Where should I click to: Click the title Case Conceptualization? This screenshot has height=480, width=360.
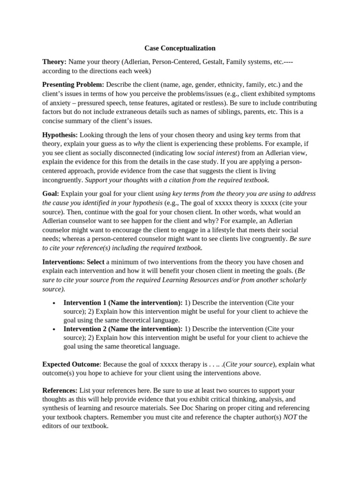[180, 48]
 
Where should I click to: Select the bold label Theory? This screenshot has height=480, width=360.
[54, 62]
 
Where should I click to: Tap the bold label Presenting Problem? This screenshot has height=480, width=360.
[73, 85]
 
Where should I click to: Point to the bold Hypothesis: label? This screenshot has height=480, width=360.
[60, 135]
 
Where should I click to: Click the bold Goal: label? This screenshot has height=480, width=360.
[51, 194]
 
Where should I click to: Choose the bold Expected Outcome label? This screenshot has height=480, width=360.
[71, 364]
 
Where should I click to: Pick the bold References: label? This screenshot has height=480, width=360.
[60, 390]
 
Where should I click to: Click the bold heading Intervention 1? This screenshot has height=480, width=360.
[123, 303]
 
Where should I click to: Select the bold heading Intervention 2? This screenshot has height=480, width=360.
[123, 329]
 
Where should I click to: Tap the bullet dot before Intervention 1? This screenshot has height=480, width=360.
[55, 303]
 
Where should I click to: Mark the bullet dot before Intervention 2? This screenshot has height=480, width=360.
[55, 330]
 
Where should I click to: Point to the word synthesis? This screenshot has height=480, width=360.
[55, 408]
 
